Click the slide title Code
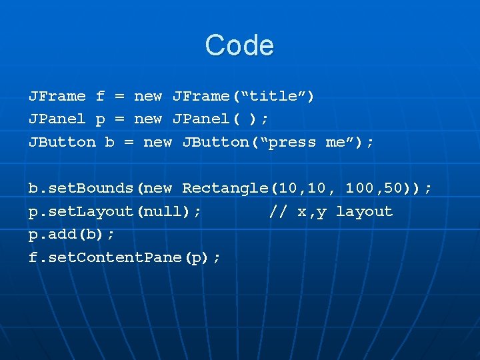239,45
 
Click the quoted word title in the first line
273,96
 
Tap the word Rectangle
225,188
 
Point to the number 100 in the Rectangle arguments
360,188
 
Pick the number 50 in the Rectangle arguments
393,188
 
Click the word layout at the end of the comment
364,211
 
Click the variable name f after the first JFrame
100,96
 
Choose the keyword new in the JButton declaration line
157,142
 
